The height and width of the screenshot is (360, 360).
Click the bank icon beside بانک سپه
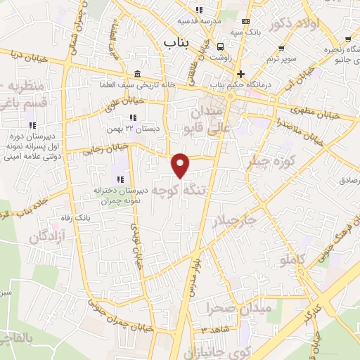click(245, 22)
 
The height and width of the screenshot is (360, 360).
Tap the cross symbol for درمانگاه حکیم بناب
click(241, 74)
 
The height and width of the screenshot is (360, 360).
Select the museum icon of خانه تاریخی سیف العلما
click(136, 75)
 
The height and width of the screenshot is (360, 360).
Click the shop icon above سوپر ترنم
click(281, 48)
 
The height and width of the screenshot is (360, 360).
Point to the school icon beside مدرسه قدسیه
click(199, 10)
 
